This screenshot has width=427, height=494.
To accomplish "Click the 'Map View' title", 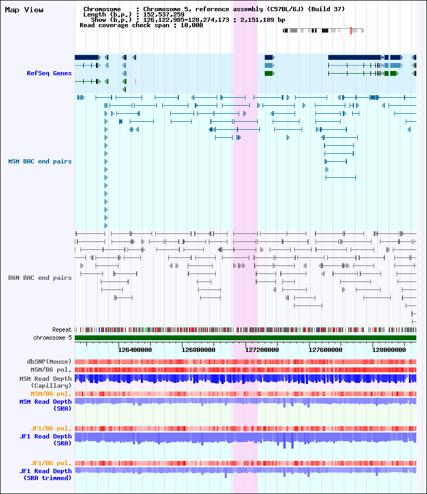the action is (24, 10).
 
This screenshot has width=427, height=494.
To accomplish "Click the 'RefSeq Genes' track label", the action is (49, 73).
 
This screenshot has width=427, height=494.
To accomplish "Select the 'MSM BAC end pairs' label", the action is (40, 161).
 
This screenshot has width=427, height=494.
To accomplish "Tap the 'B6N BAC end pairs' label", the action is (40, 278).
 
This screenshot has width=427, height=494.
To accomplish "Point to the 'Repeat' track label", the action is (62, 330).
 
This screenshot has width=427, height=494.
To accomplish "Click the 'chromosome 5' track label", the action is (53, 338).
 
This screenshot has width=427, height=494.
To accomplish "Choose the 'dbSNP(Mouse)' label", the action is (49, 362).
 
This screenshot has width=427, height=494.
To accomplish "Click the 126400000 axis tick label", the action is (135, 350).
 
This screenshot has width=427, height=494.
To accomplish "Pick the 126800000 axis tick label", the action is (199, 350).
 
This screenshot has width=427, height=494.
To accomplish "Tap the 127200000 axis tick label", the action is (262, 350).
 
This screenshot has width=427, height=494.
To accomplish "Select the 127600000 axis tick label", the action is (325, 350).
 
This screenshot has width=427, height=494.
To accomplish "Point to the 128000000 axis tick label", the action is (389, 350).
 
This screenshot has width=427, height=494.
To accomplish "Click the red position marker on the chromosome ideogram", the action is (351, 30).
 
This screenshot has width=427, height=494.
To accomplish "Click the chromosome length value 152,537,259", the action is (164, 14).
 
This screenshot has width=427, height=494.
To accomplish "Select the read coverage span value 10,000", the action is (192, 25).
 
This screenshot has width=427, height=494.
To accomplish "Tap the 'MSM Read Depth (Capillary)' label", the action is (46, 382).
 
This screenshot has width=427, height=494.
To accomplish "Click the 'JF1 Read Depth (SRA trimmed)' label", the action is (46, 474).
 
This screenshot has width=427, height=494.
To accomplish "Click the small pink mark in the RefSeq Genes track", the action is (136, 81).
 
